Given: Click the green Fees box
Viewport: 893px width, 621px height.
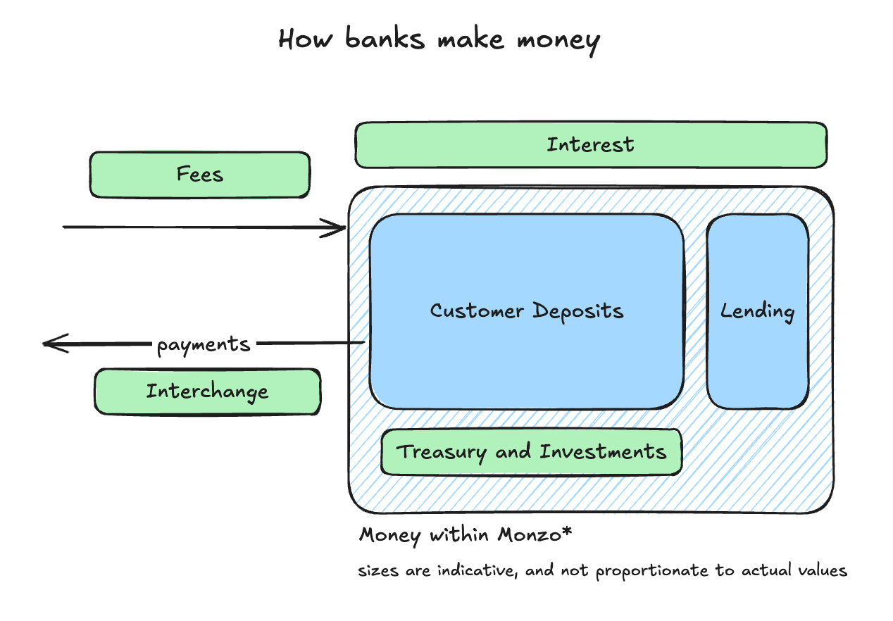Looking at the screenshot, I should tap(199, 174).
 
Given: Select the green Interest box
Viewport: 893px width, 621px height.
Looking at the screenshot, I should tap(590, 145).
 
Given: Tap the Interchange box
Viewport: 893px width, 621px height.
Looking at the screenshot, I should tap(207, 391).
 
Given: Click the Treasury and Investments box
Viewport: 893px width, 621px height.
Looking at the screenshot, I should tap(531, 451).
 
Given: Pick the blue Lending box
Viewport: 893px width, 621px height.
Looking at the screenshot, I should tap(757, 311).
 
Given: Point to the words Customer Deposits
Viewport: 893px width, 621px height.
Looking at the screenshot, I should tap(527, 310).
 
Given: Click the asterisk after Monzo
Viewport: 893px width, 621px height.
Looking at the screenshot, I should tap(566, 532).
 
